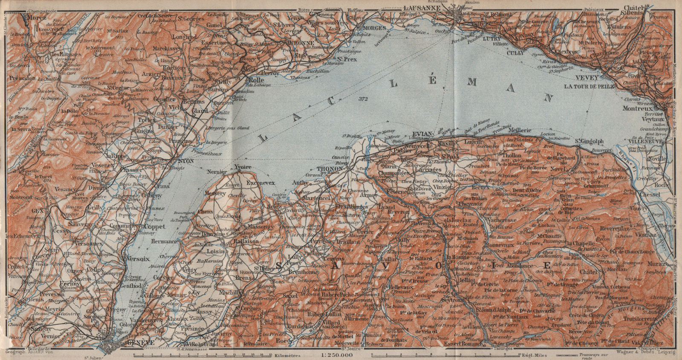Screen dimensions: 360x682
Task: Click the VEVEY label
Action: click(587, 78)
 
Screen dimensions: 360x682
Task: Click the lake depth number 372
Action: click(363, 99)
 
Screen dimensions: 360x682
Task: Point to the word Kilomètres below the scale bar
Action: click(288, 355)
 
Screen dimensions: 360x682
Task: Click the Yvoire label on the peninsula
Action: click(243, 167)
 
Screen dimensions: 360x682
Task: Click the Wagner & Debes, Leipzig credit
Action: click(643, 352)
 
